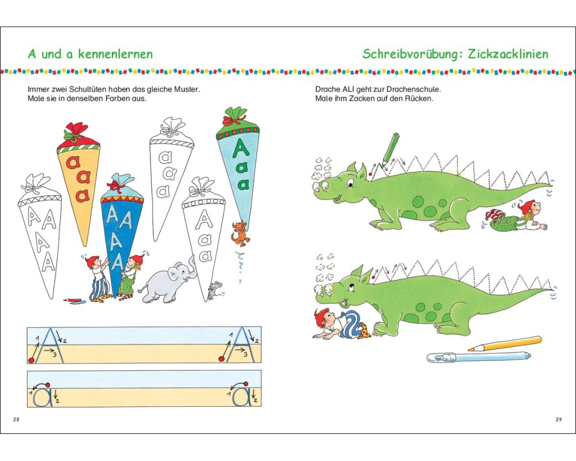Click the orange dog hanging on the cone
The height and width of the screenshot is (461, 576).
tap(240, 234)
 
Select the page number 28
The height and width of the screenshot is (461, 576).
tap(16, 419)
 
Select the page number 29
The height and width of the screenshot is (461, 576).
tap(559, 419)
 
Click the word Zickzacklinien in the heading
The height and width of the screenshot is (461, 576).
tap(508, 54)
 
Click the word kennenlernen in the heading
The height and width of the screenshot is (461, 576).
tap(115, 54)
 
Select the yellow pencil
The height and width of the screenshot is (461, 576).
tap(505, 343)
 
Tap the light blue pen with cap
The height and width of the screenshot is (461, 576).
tap(479, 357)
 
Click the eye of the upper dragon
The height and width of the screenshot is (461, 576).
tap(351, 182)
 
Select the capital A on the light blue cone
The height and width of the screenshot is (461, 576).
tap(241, 148)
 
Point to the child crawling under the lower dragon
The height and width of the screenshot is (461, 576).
tap(340, 324)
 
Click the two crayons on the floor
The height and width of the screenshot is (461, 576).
tap(74, 301)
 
